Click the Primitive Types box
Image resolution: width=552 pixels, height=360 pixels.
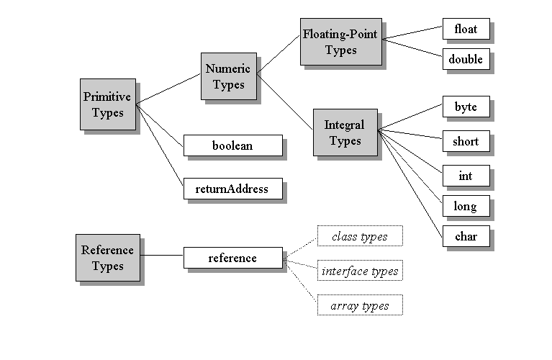point(107,104)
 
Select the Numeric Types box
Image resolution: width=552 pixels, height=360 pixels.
point(228,76)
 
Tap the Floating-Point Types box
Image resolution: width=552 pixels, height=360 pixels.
point(340,42)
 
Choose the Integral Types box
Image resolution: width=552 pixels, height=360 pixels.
point(345,132)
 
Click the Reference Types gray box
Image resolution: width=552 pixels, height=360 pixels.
point(107,258)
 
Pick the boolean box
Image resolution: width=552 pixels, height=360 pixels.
point(232,145)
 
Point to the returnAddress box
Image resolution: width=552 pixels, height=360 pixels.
point(232,189)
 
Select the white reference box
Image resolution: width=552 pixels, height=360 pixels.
point(232,258)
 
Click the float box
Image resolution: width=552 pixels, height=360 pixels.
point(466,29)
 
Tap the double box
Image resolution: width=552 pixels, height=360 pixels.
point(466,59)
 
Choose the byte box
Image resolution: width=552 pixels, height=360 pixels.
point(466,107)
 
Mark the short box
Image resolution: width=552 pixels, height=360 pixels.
point(466,141)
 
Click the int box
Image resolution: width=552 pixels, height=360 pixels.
point(466,176)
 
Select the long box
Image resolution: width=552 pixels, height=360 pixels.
point(466,207)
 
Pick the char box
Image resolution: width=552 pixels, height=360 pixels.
point(466,236)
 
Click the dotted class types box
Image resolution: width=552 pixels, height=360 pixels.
point(359,236)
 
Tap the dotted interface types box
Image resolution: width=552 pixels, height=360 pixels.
point(359,271)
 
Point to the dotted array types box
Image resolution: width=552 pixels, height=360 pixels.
point(359,305)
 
